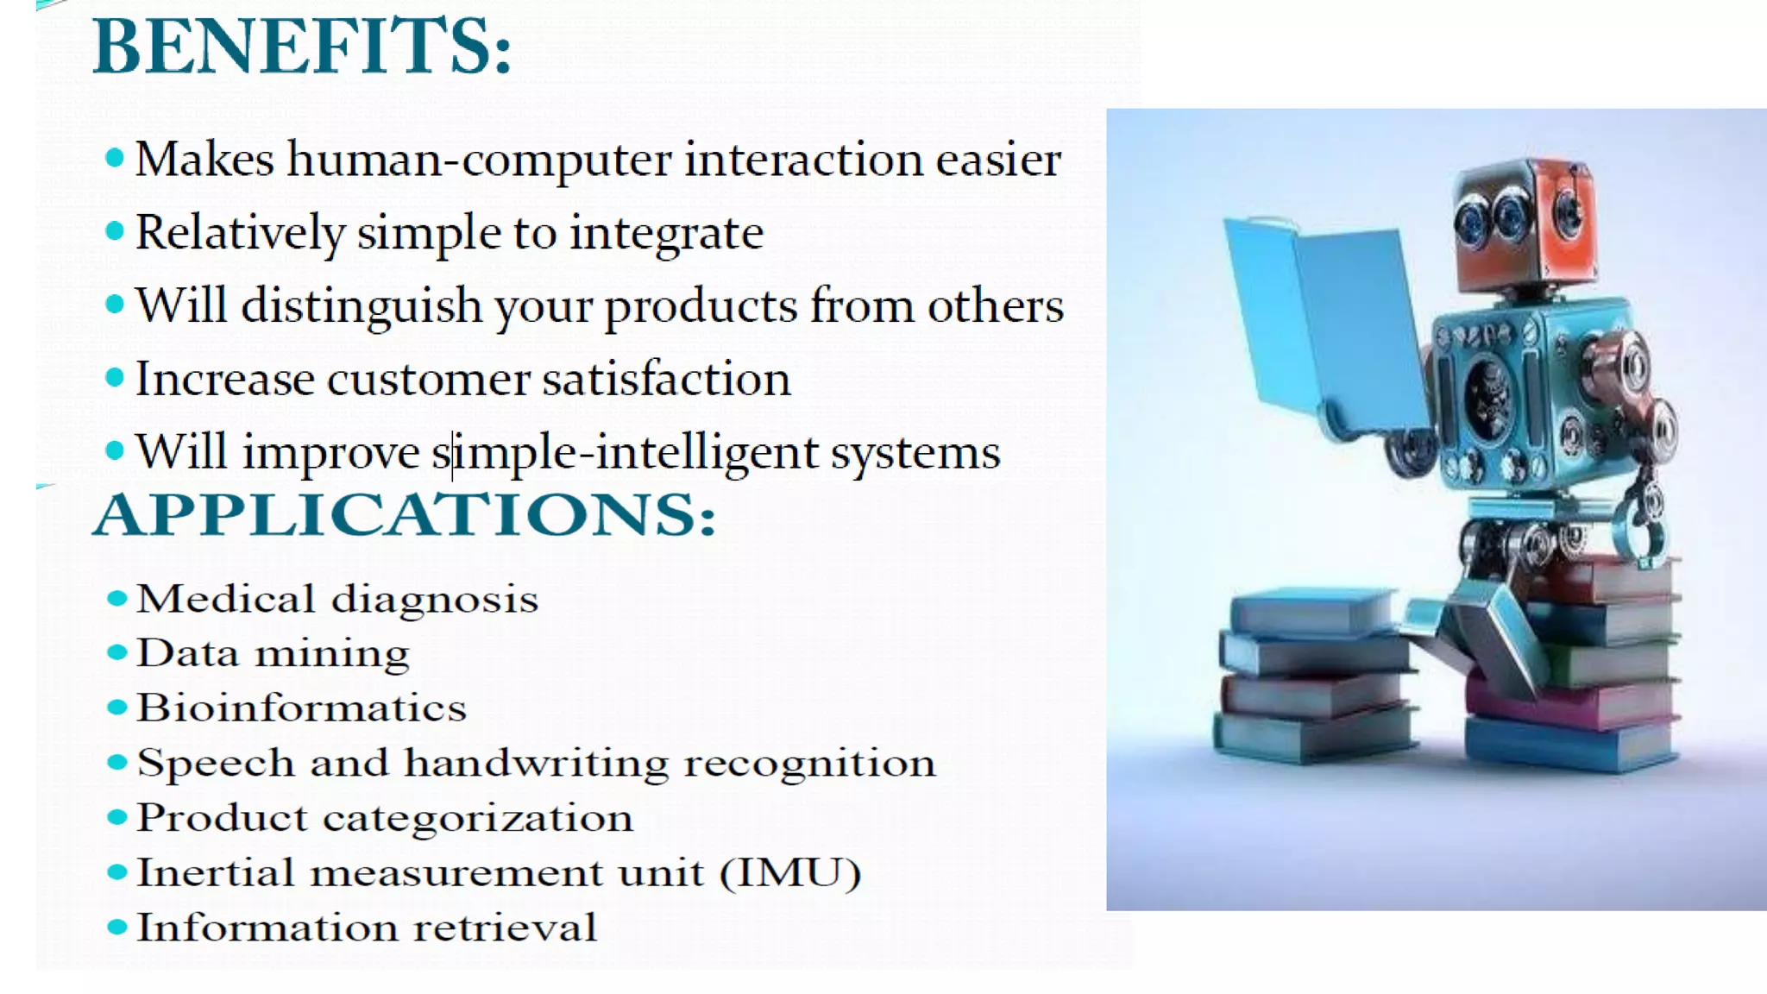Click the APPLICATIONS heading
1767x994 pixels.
(404, 514)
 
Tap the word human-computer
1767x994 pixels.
(479, 160)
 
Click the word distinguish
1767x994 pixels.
(361, 307)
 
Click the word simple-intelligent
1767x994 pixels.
(625, 454)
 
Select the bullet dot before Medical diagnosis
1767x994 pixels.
(116, 598)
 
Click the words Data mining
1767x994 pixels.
(273, 653)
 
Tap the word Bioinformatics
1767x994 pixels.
(301, 708)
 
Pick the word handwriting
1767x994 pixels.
(536, 764)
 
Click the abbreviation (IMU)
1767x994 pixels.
(789, 872)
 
